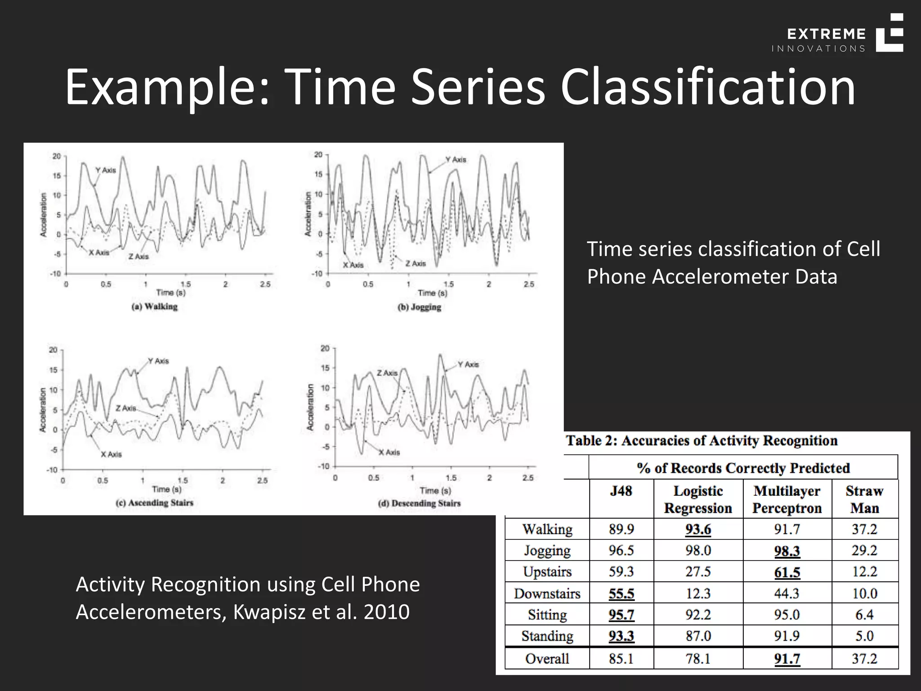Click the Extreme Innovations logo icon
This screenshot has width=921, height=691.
click(890, 33)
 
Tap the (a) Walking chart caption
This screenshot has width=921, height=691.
click(154, 307)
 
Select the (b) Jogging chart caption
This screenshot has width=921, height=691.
click(419, 307)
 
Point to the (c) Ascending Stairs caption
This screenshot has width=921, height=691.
click(154, 503)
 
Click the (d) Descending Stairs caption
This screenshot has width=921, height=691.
click(419, 503)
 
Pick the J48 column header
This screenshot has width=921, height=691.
click(621, 491)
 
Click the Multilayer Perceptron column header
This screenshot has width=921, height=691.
click(787, 499)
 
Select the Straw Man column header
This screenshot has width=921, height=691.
click(864, 499)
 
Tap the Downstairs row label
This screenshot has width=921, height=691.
click(547, 593)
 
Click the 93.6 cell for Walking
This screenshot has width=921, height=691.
click(698, 529)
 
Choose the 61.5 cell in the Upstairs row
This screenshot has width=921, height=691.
click(787, 572)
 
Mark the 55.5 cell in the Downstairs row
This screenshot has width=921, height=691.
click(621, 594)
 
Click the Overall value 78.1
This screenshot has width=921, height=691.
click(698, 659)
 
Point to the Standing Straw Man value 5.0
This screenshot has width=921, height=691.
click(864, 636)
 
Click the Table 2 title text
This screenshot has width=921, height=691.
click(702, 440)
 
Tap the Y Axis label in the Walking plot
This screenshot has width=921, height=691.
click(106, 171)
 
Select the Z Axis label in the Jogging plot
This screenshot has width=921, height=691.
click(416, 264)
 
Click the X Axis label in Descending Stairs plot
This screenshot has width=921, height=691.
click(389, 453)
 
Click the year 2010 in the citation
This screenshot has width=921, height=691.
click(386, 612)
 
